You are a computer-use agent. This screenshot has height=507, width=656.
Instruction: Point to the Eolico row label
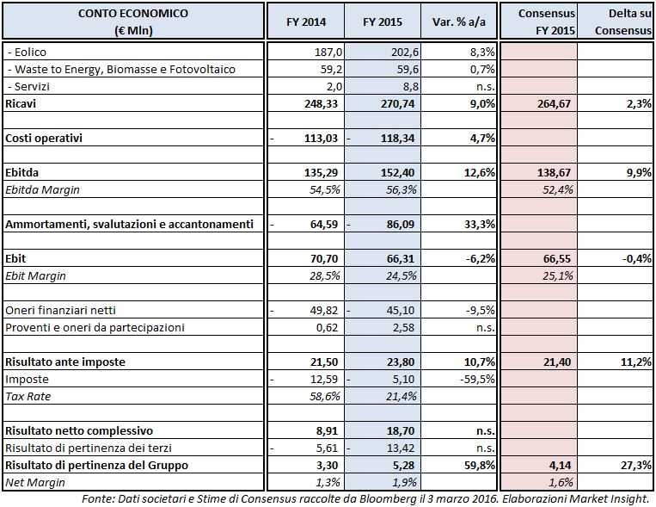(x=33, y=53)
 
